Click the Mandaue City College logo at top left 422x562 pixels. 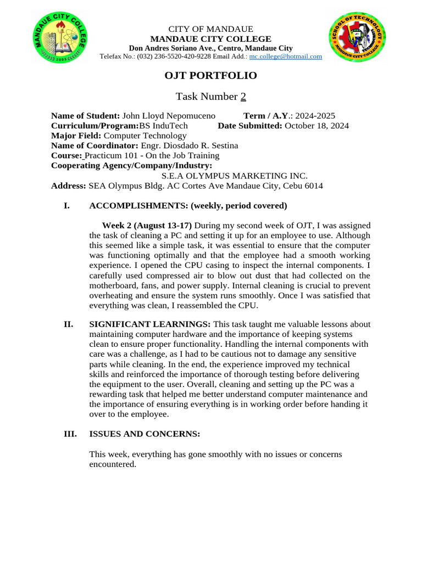click(60, 39)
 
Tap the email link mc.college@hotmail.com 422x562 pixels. click(286, 57)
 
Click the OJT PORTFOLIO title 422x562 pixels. click(211, 76)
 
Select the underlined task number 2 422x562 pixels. click(243, 97)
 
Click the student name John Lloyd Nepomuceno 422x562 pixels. click(169, 116)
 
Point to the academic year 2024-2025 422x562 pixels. click(315, 116)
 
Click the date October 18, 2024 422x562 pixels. click(317, 126)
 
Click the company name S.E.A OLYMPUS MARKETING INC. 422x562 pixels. click(234, 176)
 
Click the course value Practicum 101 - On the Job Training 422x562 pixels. click(152, 155)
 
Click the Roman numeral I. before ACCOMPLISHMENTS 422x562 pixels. click(67, 206)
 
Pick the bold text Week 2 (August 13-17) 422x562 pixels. click(147, 226)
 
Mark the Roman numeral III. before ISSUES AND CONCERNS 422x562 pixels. click(70, 434)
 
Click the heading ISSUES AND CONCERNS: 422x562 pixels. click(145, 434)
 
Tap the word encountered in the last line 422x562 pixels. click(112, 464)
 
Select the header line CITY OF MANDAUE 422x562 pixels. click(210, 29)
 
